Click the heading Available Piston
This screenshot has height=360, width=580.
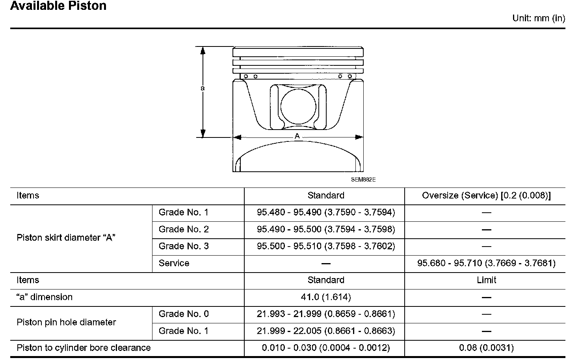[x=58, y=6]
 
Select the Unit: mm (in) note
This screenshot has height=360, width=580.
[x=539, y=18]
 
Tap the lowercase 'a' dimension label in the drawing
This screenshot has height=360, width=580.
[x=203, y=88]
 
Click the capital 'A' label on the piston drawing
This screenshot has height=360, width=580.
[x=297, y=136]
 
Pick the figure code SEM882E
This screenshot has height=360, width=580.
[x=363, y=180]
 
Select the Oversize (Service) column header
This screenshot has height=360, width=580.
[x=486, y=195]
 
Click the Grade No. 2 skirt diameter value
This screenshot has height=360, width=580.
[x=326, y=229]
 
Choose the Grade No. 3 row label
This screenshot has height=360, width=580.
[x=184, y=246]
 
